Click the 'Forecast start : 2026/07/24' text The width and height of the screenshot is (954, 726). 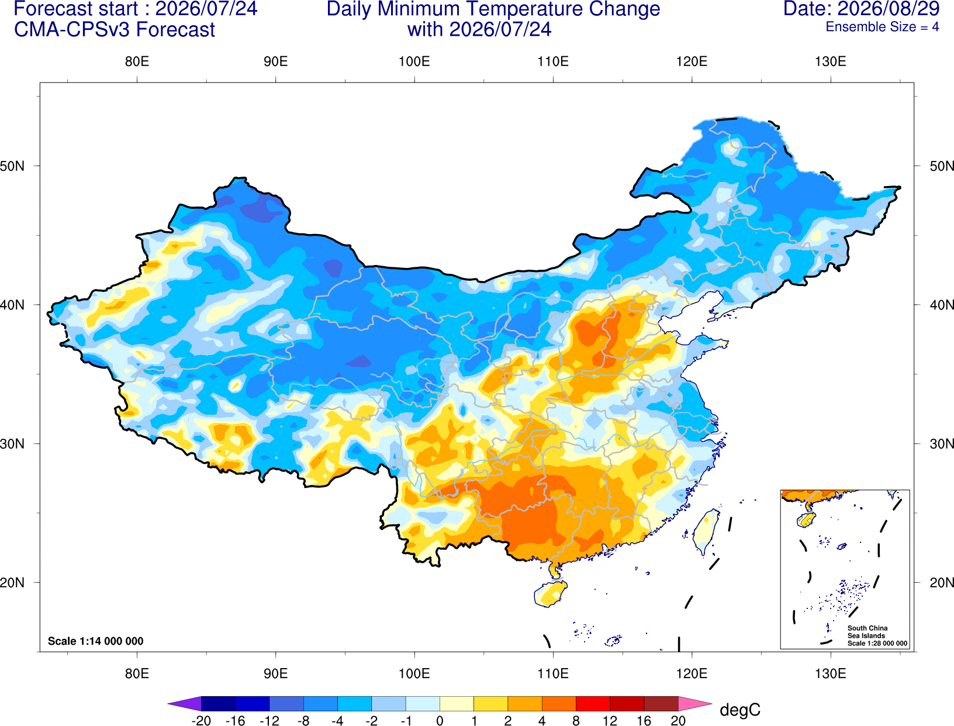click(x=136, y=9)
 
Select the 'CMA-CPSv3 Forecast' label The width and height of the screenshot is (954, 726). click(x=115, y=30)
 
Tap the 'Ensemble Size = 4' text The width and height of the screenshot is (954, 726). click(x=882, y=27)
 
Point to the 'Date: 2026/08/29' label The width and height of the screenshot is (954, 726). click(x=862, y=9)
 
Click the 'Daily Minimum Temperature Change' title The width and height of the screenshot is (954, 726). click(x=493, y=9)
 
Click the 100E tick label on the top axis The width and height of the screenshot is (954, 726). click(x=414, y=61)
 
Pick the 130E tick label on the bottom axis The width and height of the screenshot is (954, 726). click(x=831, y=674)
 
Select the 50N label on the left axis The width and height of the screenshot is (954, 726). click(x=12, y=166)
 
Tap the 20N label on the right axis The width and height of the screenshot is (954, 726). click(x=942, y=583)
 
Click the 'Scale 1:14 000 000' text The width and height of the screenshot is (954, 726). click(x=96, y=641)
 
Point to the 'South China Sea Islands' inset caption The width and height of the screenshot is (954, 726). click(x=867, y=632)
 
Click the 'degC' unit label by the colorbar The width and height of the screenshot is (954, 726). click(x=740, y=710)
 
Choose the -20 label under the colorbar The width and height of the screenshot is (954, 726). click(x=201, y=720)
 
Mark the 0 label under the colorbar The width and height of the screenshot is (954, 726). click(x=440, y=720)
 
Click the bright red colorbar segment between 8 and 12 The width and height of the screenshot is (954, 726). click(x=593, y=703)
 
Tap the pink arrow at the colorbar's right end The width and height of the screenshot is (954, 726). click(x=694, y=703)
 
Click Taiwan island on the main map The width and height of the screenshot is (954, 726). click(x=705, y=532)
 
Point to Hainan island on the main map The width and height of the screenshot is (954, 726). click(x=551, y=593)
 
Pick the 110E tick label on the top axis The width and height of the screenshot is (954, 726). click(x=553, y=61)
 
